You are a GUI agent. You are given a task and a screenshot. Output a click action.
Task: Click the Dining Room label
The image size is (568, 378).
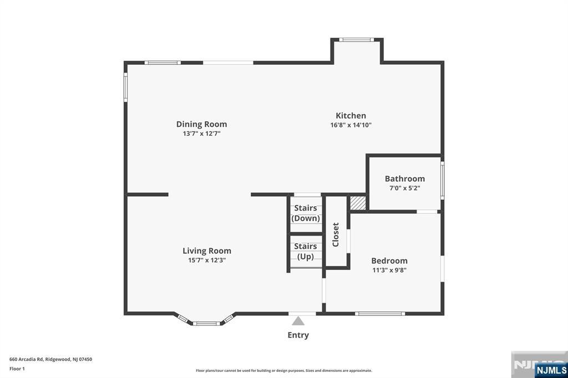tap(201, 124)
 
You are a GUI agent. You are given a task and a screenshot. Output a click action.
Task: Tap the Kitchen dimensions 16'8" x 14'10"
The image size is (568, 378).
tap(351, 125)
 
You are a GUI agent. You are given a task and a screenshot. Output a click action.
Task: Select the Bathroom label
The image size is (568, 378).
tap(404, 178)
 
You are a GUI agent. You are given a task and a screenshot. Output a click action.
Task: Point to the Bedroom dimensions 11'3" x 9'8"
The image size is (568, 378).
tap(389, 270)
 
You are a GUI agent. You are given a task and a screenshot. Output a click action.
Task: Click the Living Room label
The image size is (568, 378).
tap(206, 251)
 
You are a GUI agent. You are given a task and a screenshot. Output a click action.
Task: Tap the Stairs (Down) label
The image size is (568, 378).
tap(306, 213)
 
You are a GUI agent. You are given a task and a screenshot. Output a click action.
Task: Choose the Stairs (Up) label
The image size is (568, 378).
tap(306, 252)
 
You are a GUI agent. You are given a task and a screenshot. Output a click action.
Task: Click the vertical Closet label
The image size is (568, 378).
tap(336, 234)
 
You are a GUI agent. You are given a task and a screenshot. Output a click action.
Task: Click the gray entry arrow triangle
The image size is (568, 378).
tap(298, 321)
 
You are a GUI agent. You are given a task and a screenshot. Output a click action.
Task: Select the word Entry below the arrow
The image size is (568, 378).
tap(298, 335)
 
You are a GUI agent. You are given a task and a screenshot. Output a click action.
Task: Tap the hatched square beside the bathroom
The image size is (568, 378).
tap(358, 203)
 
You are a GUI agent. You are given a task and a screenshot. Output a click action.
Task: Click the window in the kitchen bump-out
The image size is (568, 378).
tap(357, 40)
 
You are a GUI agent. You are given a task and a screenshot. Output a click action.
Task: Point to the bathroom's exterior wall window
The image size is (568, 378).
tap(442, 180)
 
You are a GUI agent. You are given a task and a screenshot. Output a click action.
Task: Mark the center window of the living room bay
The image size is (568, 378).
tap(206, 323)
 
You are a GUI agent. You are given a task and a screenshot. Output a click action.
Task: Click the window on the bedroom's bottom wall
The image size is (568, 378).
tap(379, 314)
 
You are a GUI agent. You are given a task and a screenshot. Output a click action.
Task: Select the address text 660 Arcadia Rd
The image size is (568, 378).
tap(27, 360)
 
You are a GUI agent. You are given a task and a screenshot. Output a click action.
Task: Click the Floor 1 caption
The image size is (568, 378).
tap(17, 369)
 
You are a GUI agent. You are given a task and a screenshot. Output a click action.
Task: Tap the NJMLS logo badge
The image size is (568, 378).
tap(551, 370)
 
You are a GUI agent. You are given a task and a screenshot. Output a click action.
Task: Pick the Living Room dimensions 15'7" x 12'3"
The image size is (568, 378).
tap(207, 260)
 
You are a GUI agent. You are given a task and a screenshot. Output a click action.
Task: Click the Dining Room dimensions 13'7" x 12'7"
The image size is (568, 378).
tap(202, 134)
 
